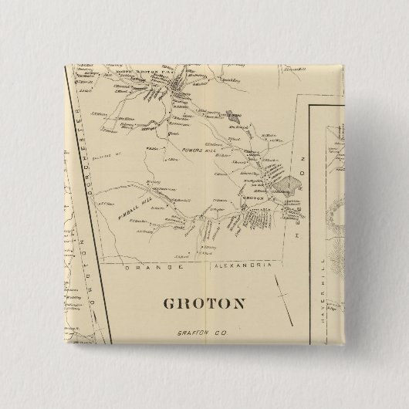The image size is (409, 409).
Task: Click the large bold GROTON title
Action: (204, 303)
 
